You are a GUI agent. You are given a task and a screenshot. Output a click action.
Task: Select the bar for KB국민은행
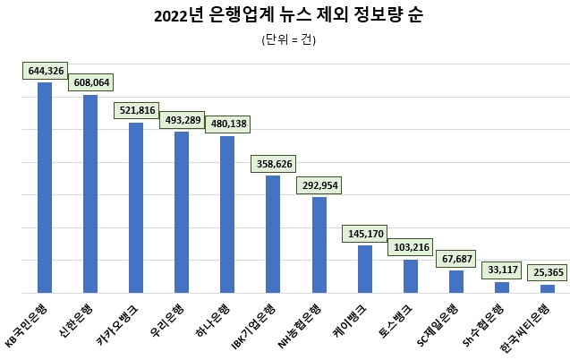(45, 187)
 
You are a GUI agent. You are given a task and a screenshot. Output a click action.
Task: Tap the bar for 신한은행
(90, 193)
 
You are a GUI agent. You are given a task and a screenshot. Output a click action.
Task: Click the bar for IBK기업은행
(273, 234)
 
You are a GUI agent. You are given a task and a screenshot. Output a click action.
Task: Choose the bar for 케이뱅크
(364, 269)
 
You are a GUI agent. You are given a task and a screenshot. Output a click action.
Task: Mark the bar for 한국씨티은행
(547, 288)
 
